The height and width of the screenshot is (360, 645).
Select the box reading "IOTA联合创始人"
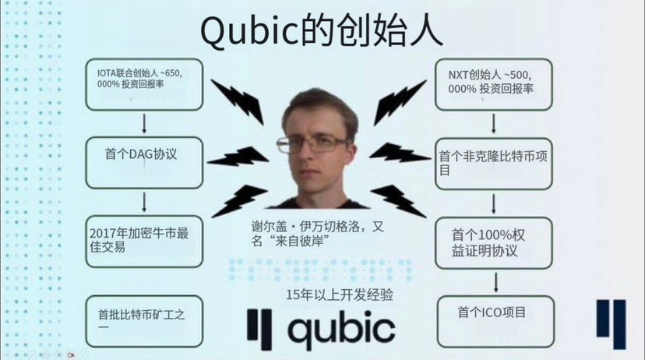pos(144,83)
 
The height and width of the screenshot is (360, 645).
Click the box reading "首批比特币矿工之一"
pos(144,319)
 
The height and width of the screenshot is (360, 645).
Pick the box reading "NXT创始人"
pos(494,83)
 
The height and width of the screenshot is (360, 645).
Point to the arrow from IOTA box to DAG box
pos(144,122)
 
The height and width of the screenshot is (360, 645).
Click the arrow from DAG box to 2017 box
pos(144,203)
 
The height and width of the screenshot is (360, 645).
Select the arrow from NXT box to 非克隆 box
pos(494,122)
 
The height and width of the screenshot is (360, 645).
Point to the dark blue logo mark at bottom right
pos(611,324)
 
